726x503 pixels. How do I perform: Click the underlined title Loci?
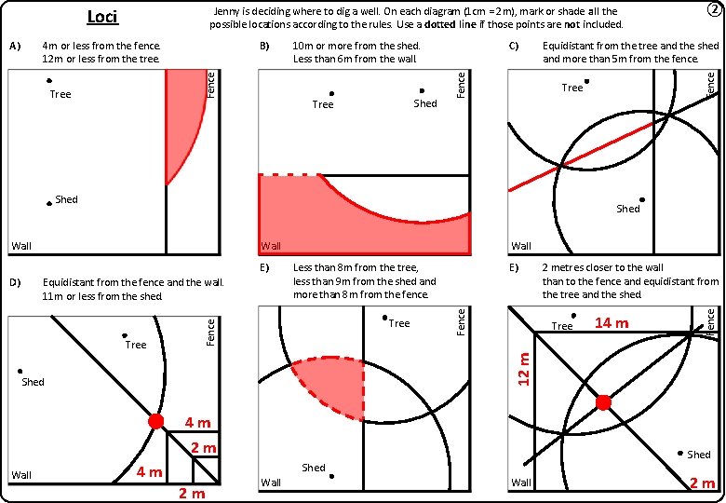click(102, 16)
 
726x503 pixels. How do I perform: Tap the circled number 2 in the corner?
click(713, 10)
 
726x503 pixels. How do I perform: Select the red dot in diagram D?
click(155, 421)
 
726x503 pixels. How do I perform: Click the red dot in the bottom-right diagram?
click(603, 402)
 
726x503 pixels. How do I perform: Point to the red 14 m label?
click(612, 323)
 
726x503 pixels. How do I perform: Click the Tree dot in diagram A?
click(48, 82)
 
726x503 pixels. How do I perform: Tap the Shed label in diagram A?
click(66, 199)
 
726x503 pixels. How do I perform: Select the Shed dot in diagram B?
click(422, 91)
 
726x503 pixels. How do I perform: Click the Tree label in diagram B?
click(323, 104)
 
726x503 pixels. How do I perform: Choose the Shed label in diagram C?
click(628, 210)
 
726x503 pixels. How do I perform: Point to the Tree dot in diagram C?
click(586, 81)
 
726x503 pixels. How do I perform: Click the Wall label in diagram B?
click(271, 247)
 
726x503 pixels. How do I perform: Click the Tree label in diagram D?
click(136, 346)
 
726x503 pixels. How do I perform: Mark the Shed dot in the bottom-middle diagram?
click(331, 476)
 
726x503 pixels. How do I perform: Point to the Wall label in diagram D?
click(21, 476)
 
